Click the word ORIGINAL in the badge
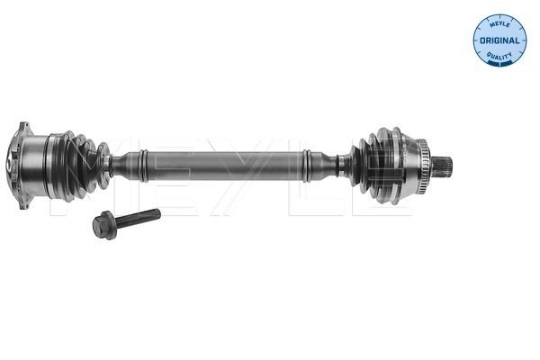tap(499, 40)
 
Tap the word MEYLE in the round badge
tap(499, 24)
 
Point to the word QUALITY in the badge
tap(499, 56)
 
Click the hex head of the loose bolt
tap(105, 225)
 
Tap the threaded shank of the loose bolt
tap(139, 218)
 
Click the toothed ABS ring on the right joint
tap(422, 166)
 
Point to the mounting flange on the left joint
tap(22, 166)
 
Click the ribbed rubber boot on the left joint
tap(81, 166)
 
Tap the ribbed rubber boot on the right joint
tap(375, 166)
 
